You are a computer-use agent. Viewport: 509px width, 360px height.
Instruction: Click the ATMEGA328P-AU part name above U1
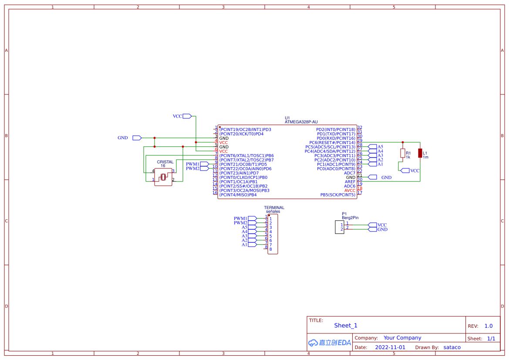(x=301, y=122)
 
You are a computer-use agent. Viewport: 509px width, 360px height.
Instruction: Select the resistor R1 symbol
(x=402, y=153)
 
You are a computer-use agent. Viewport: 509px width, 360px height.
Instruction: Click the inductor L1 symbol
(x=420, y=153)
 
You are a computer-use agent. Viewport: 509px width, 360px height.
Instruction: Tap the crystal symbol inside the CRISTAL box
(x=163, y=177)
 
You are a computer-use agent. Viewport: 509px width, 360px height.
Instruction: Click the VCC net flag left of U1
(x=187, y=116)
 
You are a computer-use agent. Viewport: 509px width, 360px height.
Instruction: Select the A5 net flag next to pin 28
(x=372, y=147)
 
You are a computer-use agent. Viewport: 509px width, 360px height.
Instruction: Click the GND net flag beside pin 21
(x=372, y=177)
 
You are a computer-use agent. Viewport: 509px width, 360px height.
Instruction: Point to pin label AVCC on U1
(x=350, y=191)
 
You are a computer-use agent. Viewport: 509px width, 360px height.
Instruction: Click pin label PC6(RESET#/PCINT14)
(x=332, y=143)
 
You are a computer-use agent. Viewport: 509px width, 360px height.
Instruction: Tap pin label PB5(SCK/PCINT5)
(x=337, y=195)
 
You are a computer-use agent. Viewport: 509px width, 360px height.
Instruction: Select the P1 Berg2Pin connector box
(x=340, y=227)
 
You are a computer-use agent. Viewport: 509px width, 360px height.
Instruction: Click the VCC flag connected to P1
(x=372, y=225)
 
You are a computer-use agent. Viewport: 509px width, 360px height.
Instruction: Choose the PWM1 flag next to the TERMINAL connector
(x=252, y=219)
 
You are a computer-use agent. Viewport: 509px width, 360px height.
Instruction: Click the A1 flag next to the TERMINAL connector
(x=252, y=245)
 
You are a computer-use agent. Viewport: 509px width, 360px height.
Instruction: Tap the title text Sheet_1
(x=346, y=326)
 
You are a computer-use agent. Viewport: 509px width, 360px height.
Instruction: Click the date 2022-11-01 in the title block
(x=390, y=347)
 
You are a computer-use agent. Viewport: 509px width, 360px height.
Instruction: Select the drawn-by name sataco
(x=452, y=347)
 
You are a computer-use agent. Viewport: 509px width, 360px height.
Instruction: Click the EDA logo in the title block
(x=329, y=343)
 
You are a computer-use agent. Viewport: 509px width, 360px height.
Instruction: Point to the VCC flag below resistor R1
(x=405, y=171)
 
